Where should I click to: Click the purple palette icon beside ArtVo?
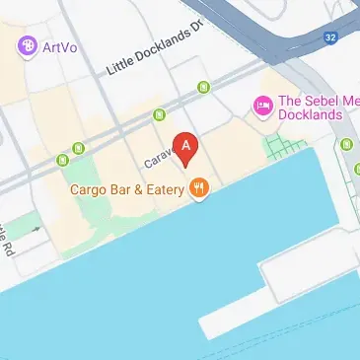click(27, 45)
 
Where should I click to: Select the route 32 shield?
click(330, 36)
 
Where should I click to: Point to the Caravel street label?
click(158, 158)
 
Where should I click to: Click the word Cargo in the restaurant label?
click(90, 189)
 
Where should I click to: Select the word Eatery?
click(160, 189)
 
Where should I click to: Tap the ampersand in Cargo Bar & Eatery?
click(132, 189)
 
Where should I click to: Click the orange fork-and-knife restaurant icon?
click(199, 187)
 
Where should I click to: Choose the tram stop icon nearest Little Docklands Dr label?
click(203, 89)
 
